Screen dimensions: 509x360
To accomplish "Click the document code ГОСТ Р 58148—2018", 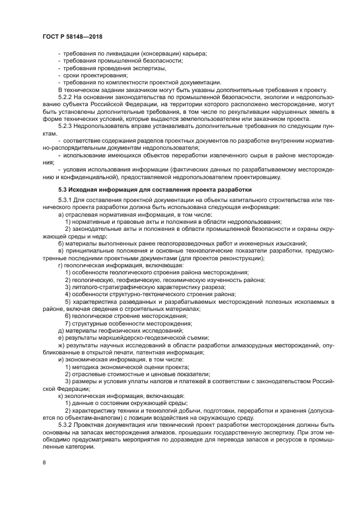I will click(72, 36).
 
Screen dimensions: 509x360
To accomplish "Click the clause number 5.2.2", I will click(65, 96).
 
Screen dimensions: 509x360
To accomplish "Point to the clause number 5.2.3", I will click(65, 126).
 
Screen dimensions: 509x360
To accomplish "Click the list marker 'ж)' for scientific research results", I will click(62, 345).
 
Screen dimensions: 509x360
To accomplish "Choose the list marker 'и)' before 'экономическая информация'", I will click(61, 360).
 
